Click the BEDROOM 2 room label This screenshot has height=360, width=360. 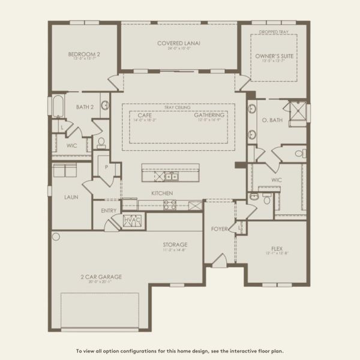point(84,55)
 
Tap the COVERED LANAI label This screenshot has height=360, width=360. point(179,43)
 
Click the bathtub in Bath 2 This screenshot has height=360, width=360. point(58,107)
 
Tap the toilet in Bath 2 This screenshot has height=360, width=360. point(101,143)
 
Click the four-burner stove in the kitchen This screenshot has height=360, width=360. point(170,205)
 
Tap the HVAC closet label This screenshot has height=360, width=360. point(132,221)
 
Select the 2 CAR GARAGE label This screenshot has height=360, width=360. point(102,277)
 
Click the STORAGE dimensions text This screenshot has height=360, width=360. point(175,251)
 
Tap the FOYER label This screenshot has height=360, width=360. point(218,229)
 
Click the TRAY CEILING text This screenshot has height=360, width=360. point(178,108)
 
